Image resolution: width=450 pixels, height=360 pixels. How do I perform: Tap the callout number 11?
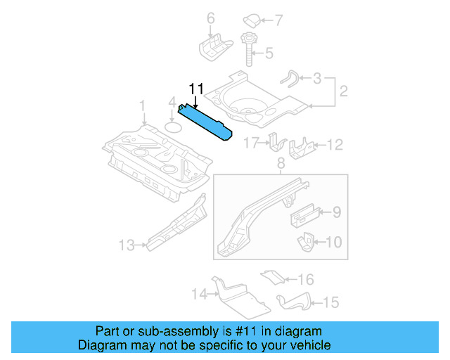pyautogui.click(x=195, y=89)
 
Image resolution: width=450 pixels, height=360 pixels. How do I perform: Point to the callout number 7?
pyautogui.click(x=277, y=19)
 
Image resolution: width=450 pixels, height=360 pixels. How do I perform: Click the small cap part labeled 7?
pyautogui.click(x=252, y=19)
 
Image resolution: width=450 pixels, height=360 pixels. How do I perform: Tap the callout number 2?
pyautogui.click(x=343, y=91)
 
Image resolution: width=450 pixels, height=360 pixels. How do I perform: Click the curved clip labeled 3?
pyautogui.click(x=290, y=77)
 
